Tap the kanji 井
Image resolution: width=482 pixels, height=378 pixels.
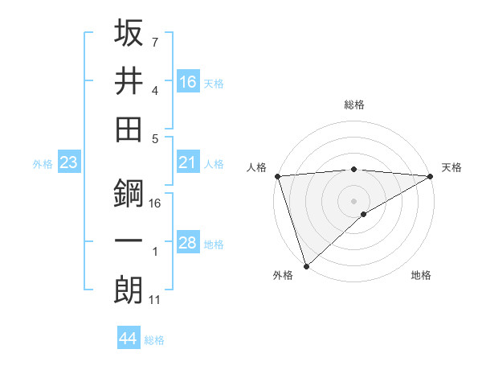[129, 80]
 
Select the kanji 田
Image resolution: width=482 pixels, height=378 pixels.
[129, 129]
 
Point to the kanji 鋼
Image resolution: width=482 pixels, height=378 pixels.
[129, 193]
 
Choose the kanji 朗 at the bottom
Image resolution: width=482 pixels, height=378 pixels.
[129, 290]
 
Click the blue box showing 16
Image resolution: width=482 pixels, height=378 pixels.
[188, 81]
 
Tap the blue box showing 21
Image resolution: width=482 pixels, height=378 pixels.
[188, 162]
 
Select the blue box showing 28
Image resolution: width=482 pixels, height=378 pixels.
[188, 243]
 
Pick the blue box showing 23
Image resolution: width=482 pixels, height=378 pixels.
[69, 162]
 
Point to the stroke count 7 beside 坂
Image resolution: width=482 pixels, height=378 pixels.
[154, 41]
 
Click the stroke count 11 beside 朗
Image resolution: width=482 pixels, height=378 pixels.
[156, 300]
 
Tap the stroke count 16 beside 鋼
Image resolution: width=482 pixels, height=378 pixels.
[156, 203]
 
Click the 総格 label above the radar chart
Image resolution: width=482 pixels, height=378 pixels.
[353, 105]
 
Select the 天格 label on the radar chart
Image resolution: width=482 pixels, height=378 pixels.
[452, 167]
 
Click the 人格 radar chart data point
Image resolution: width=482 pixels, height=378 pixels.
[277, 176]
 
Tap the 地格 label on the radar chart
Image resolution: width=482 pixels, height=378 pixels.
[421, 276]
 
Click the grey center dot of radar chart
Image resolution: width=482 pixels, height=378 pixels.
[353, 200]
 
